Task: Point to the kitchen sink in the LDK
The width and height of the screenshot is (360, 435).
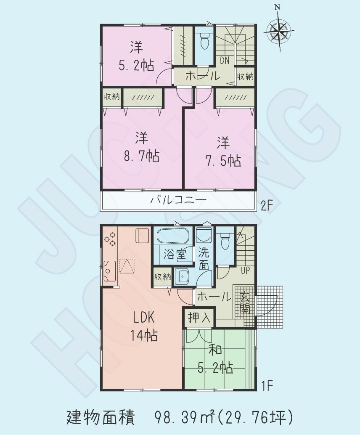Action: click(110, 271)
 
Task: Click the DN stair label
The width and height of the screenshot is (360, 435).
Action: click(225, 61)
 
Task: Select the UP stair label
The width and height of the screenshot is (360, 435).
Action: click(245, 271)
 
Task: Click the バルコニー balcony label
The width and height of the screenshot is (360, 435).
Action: click(179, 200)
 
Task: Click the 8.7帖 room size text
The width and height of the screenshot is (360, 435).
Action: click(141, 157)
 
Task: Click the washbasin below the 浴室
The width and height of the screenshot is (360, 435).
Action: click(184, 276)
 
